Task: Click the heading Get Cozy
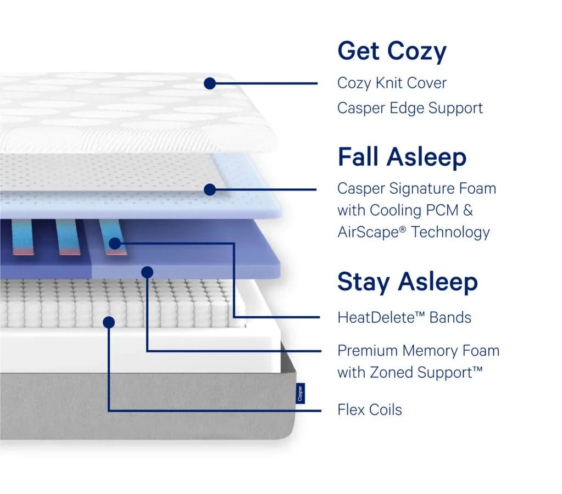392,51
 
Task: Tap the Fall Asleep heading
402,157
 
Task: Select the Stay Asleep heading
408,282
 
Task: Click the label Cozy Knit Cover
392,83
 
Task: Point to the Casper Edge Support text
410,108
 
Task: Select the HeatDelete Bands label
404,317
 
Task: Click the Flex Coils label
370,410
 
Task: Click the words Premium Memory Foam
418,351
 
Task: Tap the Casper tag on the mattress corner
300,394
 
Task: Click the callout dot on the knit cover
210,83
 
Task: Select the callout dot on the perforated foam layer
210,189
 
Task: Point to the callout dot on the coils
109,322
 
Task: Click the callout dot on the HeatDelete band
114,244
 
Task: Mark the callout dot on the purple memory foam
147,272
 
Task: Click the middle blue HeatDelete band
68,237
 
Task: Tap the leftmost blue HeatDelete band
23,237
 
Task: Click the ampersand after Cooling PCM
468,210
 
